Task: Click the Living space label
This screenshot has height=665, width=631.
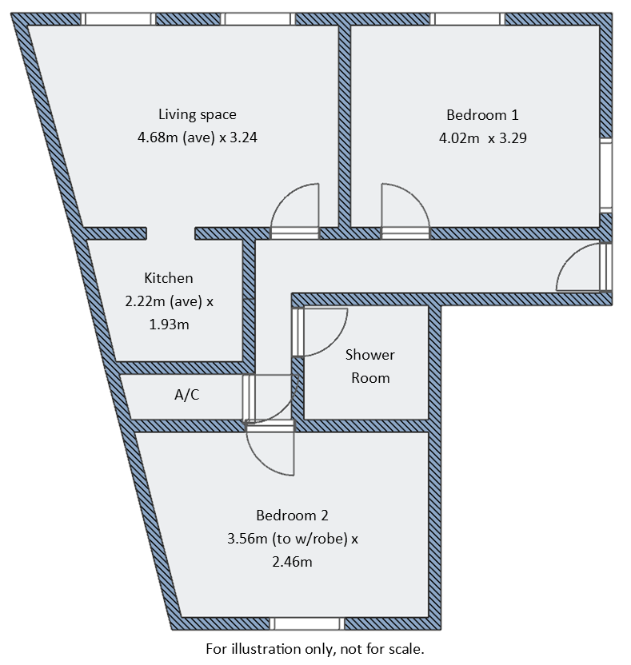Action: coord(197,114)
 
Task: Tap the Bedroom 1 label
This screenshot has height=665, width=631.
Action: coord(476,114)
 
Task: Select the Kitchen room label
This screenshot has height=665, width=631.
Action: coord(168,278)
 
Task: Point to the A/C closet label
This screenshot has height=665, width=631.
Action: coord(186,394)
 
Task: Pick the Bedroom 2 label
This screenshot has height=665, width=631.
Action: coord(292,516)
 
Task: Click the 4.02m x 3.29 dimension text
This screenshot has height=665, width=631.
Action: coord(482,137)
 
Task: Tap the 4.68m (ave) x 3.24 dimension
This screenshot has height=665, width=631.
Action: coord(197,137)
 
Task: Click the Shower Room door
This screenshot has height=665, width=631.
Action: coord(324,331)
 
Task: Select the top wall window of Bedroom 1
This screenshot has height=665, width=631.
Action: coord(468,18)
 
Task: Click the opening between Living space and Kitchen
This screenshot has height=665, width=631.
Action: coord(171,233)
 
